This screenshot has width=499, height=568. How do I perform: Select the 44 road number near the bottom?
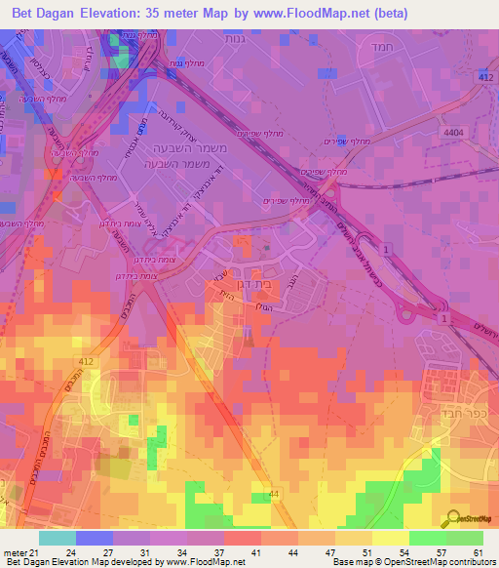coord(276,496)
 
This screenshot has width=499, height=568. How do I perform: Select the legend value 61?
coord(478,553)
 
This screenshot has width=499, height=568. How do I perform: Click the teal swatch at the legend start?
coord(58,539)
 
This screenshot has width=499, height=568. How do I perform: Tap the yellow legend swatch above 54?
coord(391,539)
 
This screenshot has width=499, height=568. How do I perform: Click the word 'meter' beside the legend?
coord(16,553)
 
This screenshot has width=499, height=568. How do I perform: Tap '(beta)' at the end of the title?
coord(387,13)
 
